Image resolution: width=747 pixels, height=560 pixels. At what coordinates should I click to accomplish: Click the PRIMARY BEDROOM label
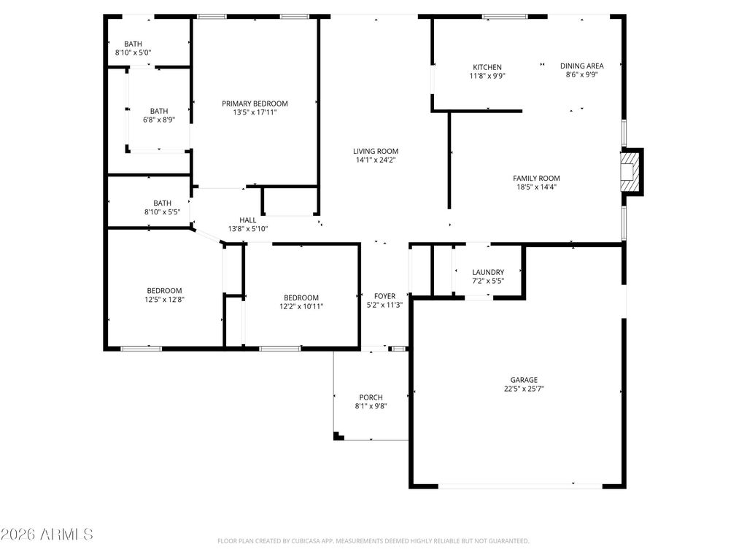tap(255, 104)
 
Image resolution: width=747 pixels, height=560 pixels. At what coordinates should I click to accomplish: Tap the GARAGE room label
tap(524, 380)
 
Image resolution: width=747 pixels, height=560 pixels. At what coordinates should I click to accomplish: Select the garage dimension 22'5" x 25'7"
tap(524, 389)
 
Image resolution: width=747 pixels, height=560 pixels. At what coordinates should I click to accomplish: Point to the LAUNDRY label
tap(487, 272)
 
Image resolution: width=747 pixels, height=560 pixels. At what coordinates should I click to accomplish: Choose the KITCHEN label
tap(487, 67)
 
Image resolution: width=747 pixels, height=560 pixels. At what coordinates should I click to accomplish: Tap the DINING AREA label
tap(581, 66)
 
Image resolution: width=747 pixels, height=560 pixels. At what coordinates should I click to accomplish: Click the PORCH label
tap(371, 397)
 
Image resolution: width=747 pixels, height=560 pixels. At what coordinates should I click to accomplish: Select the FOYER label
tap(384, 296)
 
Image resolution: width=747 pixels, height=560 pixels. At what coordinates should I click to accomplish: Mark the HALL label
tap(248, 219)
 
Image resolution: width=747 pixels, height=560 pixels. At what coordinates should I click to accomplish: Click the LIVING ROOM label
tap(376, 151)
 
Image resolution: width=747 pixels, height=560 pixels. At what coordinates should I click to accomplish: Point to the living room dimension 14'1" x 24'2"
tap(376, 160)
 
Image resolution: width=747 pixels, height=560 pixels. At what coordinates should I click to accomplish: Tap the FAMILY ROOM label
tap(536, 178)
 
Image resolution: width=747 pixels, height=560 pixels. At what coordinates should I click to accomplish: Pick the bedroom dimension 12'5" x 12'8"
tap(164, 299)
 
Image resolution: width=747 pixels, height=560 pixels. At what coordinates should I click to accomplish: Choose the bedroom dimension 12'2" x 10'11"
tap(301, 307)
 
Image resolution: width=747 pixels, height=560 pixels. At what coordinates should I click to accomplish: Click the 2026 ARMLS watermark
tap(47, 534)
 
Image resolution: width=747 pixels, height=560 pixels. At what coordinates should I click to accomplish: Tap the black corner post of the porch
tap(338, 436)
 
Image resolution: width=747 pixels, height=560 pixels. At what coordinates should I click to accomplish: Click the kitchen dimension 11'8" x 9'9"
tap(487, 76)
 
